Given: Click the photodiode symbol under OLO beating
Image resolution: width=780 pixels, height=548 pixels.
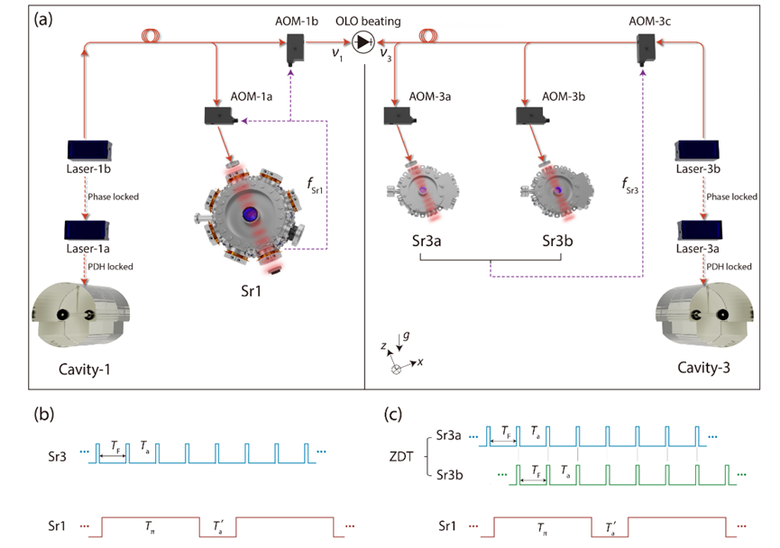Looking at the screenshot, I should [363, 41].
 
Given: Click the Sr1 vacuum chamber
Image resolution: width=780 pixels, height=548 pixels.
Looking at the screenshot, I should [250, 214].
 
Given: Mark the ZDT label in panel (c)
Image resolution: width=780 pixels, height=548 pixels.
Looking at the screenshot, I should [403, 459].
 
